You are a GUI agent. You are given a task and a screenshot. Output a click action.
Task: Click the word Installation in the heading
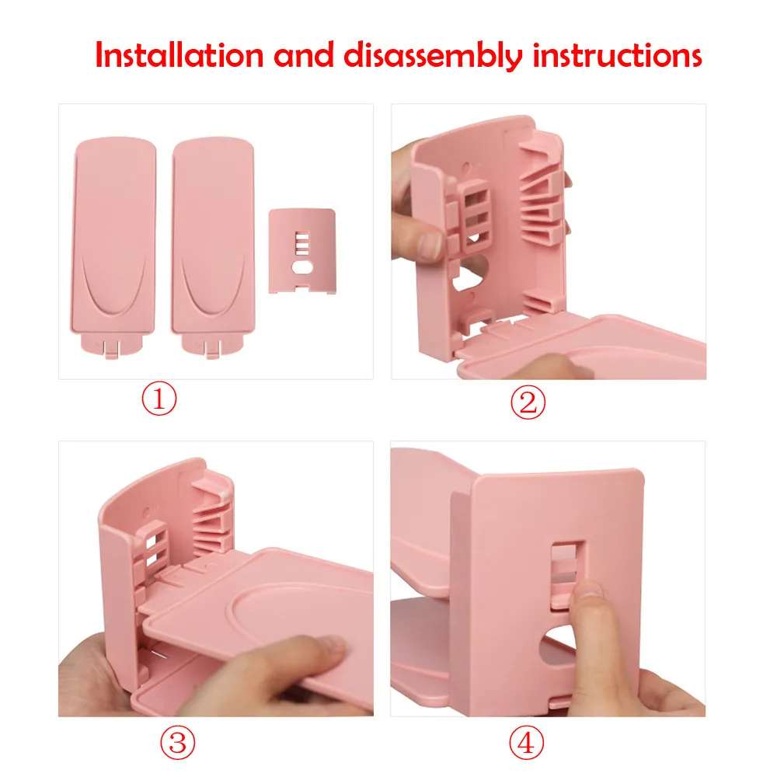[179, 55]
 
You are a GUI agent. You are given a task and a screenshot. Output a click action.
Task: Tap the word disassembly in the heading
[433, 56]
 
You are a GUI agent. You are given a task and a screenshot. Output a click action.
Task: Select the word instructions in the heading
[617, 55]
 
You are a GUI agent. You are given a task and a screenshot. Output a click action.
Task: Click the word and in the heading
[304, 55]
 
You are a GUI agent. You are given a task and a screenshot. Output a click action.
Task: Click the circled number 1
[159, 399]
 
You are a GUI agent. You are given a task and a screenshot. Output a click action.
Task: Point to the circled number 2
[528, 402]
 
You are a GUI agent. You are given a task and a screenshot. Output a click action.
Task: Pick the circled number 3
[177, 742]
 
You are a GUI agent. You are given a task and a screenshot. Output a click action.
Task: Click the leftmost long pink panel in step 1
[113, 246]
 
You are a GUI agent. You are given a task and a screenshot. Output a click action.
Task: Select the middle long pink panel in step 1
[213, 246]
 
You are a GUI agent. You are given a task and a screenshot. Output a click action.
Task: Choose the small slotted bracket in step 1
[301, 251]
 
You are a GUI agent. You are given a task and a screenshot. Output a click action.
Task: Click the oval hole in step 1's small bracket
[301, 268]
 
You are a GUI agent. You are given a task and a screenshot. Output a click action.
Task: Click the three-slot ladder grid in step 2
[475, 214]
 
